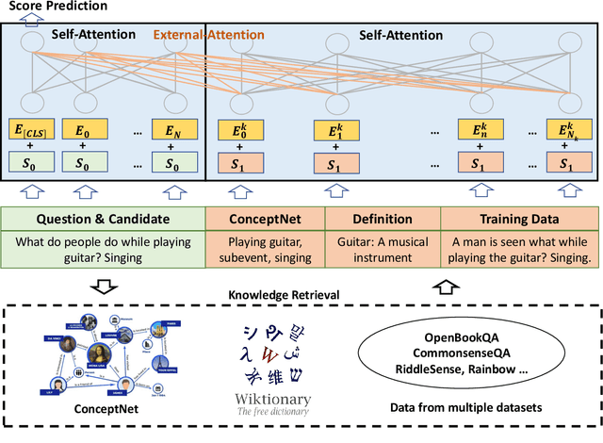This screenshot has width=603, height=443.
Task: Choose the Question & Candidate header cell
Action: (x=104, y=219)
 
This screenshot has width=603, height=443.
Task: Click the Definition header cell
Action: (x=382, y=219)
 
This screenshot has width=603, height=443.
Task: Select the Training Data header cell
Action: (x=519, y=219)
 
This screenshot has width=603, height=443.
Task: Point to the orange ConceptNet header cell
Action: (x=265, y=219)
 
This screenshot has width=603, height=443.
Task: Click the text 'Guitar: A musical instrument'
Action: (x=382, y=250)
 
